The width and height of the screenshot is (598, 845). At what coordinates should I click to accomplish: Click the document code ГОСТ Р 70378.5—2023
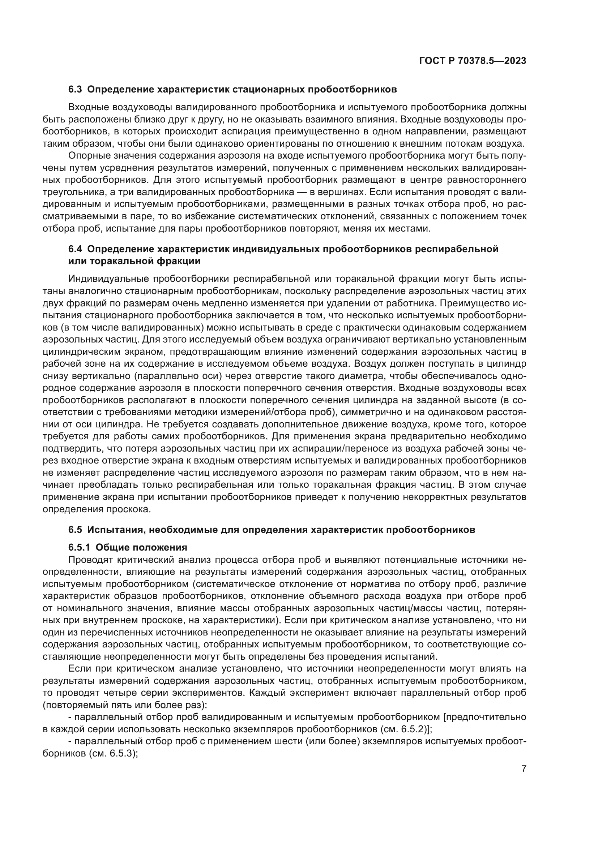pos(473,61)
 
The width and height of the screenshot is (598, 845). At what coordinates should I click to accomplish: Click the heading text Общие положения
pos(141,547)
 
